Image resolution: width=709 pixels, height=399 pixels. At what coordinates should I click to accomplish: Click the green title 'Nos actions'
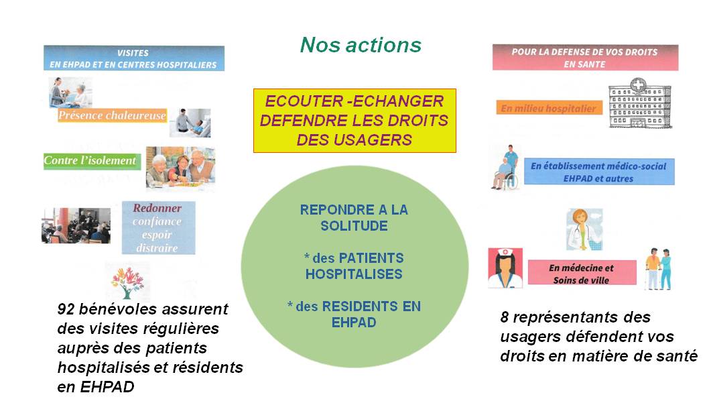click(361, 45)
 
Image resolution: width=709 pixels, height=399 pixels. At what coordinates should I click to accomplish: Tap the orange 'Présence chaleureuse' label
click(112, 116)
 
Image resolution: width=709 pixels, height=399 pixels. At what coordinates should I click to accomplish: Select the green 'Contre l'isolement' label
click(92, 161)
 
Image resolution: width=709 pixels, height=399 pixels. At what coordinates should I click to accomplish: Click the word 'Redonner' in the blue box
click(157, 208)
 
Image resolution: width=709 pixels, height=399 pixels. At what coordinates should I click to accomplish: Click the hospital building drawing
click(639, 103)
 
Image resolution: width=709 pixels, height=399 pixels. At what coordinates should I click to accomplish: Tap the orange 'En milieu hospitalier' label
click(549, 108)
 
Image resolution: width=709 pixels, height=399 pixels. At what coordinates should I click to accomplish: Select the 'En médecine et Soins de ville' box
click(582, 273)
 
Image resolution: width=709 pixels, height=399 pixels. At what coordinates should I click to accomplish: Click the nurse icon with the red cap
click(505, 268)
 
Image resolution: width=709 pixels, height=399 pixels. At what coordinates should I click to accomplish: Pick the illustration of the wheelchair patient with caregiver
click(505, 168)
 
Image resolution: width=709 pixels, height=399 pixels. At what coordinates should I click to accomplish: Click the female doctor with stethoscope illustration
click(584, 229)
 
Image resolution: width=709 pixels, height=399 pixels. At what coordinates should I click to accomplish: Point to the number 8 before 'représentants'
click(505, 317)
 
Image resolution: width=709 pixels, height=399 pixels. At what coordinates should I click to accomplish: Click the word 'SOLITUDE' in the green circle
click(354, 226)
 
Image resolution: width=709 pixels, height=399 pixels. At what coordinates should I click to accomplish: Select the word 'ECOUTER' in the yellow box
click(304, 101)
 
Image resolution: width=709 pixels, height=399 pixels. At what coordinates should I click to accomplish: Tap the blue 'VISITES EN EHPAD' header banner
click(134, 58)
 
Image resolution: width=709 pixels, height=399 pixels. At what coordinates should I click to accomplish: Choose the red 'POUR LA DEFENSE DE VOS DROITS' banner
click(585, 58)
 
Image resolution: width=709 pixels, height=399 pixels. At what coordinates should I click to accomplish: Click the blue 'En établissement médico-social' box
click(599, 172)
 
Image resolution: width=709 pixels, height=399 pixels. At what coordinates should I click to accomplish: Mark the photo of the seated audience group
click(76, 226)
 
